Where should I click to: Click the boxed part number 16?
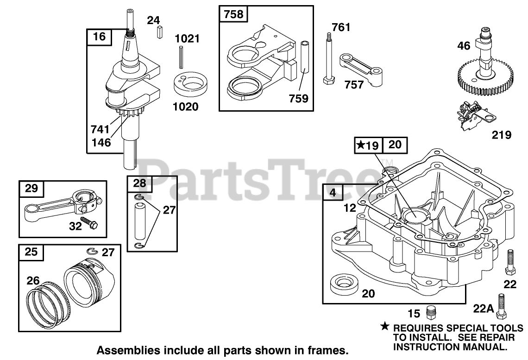pyautogui.click(x=99, y=36)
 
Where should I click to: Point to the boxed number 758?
pyautogui.click(x=233, y=14)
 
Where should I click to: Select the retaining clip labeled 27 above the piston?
pyautogui.click(x=92, y=251)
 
